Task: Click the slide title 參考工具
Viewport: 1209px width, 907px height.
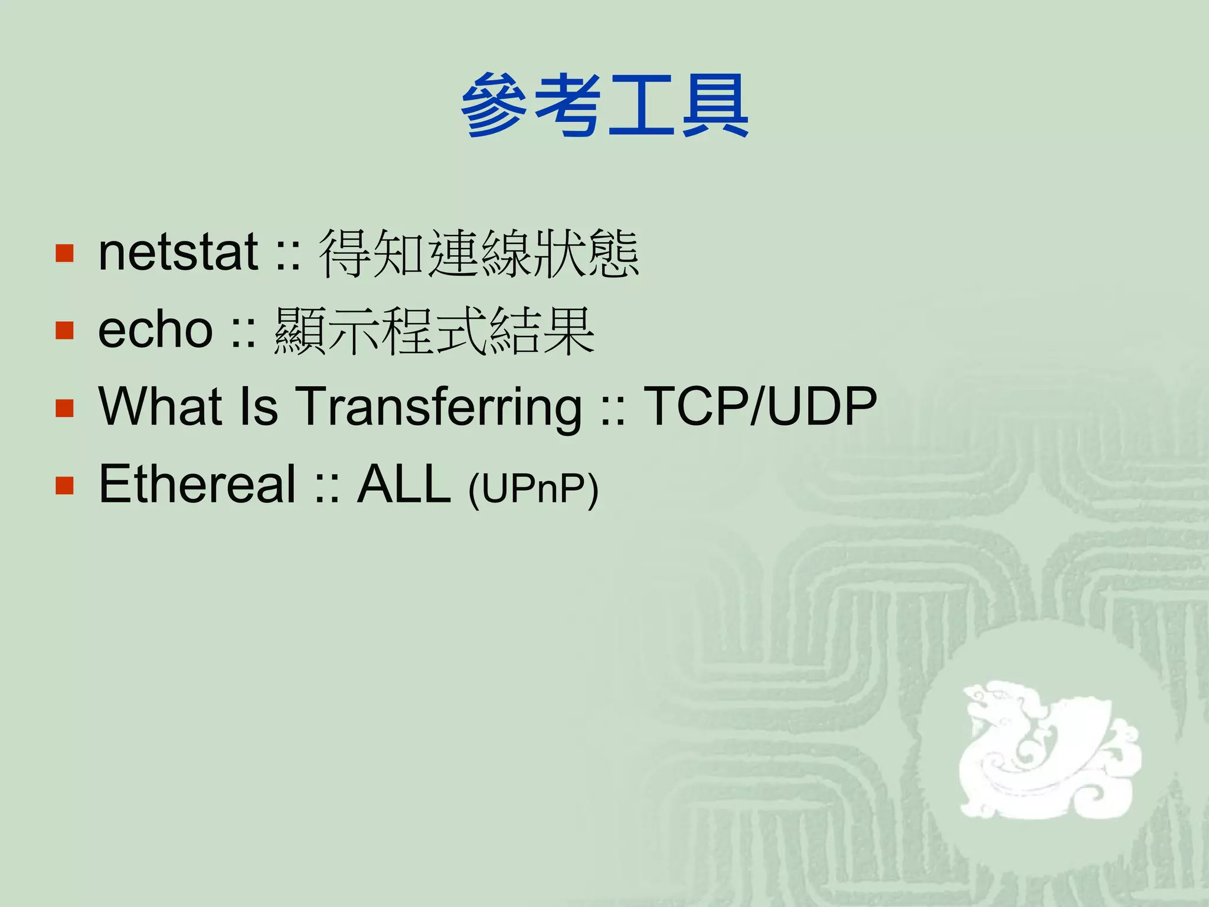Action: coord(604,106)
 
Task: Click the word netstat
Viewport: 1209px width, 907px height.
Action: coord(178,253)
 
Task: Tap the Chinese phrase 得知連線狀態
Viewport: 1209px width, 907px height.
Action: coord(478,254)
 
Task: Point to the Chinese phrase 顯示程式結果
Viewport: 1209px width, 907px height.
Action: coord(434,331)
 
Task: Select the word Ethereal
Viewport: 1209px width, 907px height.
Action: coord(197,484)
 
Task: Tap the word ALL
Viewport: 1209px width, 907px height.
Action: coord(404,484)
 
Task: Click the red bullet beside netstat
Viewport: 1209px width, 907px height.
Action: coord(64,253)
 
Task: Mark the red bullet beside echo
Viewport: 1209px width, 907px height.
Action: coord(64,331)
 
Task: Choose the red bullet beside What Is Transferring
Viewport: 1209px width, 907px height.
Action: coord(64,408)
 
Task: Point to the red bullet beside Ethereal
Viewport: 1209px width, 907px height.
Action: coord(64,485)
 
